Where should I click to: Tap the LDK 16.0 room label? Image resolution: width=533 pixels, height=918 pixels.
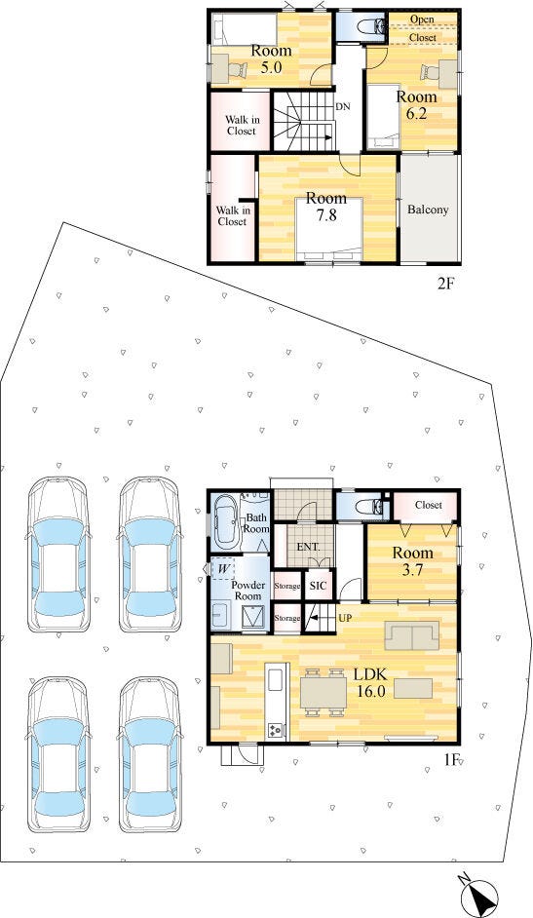(369, 682)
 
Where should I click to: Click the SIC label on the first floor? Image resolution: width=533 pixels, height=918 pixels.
(318, 586)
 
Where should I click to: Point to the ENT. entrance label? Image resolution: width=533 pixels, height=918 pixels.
(308, 548)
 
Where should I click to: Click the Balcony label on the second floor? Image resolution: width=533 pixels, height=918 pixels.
(429, 209)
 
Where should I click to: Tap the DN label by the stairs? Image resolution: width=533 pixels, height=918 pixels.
(343, 108)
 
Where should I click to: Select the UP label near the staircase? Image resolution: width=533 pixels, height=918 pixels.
(345, 617)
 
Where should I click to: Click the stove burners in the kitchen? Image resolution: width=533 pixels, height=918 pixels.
(275, 730)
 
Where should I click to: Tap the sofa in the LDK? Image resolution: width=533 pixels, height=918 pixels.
(411, 635)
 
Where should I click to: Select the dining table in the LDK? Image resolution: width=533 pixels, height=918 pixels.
(323, 692)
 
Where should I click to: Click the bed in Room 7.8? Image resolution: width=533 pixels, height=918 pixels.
(329, 228)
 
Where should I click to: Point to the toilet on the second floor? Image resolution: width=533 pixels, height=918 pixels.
(367, 27)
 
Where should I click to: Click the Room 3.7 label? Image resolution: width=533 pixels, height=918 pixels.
(412, 561)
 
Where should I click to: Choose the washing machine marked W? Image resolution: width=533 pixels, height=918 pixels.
(223, 568)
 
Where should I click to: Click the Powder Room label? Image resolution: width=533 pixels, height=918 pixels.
(248, 591)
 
